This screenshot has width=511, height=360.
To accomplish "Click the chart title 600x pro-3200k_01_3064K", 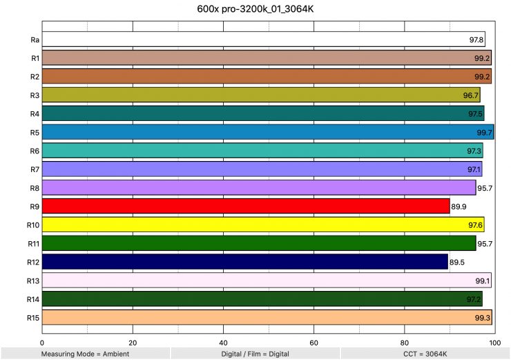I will (x=256, y=10).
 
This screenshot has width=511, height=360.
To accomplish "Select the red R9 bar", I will (x=245, y=206).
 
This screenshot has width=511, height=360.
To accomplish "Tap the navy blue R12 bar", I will (x=244, y=262).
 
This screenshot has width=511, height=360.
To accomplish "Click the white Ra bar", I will (x=262, y=39).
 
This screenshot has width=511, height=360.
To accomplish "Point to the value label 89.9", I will (x=459, y=206).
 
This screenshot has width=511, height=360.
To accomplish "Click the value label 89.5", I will (x=458, y=262).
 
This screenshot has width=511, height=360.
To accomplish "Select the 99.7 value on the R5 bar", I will (x=485, y=132).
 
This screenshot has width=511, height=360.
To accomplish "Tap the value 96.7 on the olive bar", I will (x=471, y=95).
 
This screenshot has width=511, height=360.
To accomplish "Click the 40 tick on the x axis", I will (x=223, y=342).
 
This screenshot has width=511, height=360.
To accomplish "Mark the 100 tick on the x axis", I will (x=493, y=342).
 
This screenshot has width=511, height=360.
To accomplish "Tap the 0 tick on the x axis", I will (x=43, y=342).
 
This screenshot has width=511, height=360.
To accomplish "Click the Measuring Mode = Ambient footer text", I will (x=85, y=354).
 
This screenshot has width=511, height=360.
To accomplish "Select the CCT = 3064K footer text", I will (x=425, y=354).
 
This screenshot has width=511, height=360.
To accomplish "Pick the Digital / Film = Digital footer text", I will (x=256, y=354).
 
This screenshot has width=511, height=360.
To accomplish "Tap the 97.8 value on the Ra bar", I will (x=475, y=39).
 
